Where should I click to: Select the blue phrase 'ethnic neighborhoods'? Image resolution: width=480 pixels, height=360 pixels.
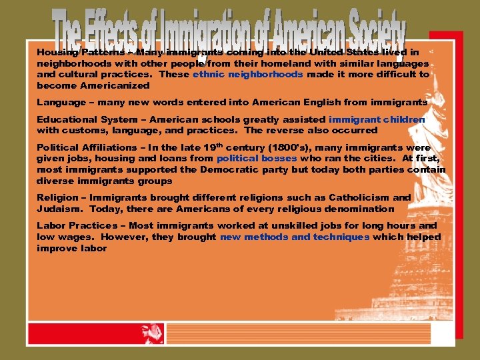(247, 75)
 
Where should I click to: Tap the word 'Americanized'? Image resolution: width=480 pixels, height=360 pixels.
(117, 86)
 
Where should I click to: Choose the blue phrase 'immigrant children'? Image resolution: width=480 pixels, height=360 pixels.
(377, 119)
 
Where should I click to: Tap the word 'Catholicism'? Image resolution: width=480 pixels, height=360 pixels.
(355, 198)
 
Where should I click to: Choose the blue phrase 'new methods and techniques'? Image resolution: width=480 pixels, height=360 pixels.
(295, 237)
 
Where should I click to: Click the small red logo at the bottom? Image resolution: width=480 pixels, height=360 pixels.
(152, 333)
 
